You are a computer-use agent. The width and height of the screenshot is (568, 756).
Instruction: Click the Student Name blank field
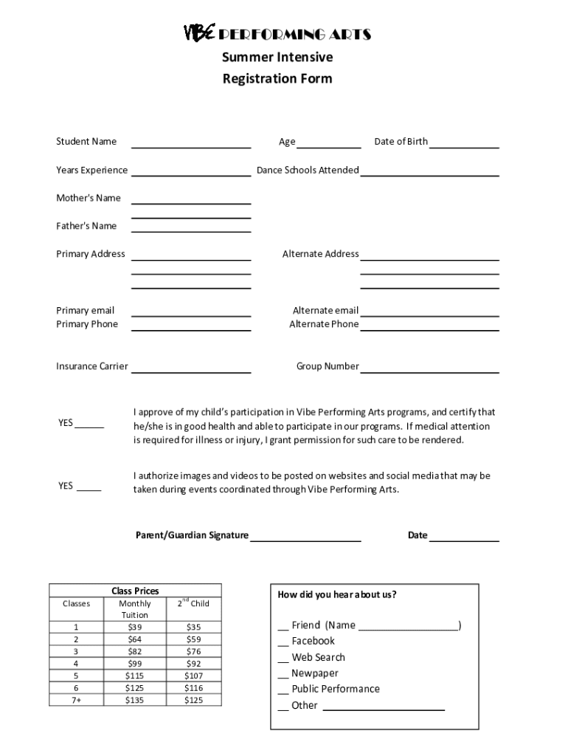(x=191, y=143)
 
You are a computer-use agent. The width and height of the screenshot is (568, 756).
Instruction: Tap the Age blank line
(x=329, y=143)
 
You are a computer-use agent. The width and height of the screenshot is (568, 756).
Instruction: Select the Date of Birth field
(x=464, y=143)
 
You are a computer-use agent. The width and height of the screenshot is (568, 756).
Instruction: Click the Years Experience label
(x=91, y=171)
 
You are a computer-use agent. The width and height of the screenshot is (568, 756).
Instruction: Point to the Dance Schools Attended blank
(x=429, y=171)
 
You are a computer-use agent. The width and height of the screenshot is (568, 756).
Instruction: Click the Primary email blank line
(x=191, y=312)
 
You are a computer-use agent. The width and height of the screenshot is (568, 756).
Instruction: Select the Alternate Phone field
(x=429, y=325)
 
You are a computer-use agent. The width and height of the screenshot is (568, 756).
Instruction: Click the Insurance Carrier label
(x=91, y=366)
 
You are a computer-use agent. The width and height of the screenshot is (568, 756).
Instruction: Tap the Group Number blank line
(x=429, y=368)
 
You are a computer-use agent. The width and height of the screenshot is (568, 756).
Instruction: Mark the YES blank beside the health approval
(x=89, y=425)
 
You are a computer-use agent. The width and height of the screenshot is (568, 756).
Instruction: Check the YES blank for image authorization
(x=89, y=487)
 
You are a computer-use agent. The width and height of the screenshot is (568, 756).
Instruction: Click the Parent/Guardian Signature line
(x=305, y=537)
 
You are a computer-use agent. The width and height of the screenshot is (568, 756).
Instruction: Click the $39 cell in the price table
(x=135, y=627)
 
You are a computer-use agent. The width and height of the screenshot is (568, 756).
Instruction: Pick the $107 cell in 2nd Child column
(x=193, y=676)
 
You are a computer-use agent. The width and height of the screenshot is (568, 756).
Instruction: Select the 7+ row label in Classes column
(x=77, y=700)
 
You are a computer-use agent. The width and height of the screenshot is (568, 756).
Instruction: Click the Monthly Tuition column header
(x=135, y=609)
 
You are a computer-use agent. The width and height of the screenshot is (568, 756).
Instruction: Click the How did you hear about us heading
(x=336, y=595)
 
